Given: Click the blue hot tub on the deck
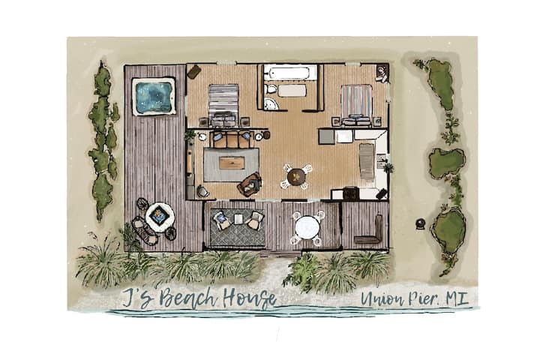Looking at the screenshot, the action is click(x=154, y=96).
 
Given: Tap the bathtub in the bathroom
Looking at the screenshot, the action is click(x=289, y=73).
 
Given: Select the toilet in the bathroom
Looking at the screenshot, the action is click(x=271, y=89).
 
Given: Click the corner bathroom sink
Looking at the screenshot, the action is click(x=271, y=103).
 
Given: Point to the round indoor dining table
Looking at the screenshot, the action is click(x=296, y=177).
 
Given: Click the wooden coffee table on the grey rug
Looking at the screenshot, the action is click(x=232, y=163).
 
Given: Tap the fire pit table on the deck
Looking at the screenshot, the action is click(x=159, y=215).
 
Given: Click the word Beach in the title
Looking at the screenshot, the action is click(x=187, y=297).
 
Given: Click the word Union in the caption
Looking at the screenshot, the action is click(x=383, y=298).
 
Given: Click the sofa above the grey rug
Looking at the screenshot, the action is click(x=231, y=139).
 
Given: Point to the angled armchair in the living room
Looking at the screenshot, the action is click(x=250, y=184).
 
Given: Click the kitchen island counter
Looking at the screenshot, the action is click(x=367, y=161).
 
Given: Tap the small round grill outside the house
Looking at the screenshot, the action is click(x=421, y=224).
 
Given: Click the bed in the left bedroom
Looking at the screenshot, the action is click(x=223, y=103).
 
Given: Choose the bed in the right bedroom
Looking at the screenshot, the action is click(x=357, y=104).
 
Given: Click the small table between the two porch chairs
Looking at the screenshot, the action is click(x=238, y=219).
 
